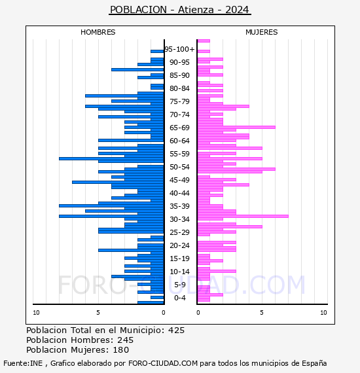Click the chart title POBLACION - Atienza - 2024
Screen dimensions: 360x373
[179, 10]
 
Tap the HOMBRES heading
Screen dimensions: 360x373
[98, 32]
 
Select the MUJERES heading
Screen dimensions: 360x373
[262, 32]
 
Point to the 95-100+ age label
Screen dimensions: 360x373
[179, 49]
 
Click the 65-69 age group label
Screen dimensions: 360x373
[179, 128]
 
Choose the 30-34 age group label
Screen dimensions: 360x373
[179, 219]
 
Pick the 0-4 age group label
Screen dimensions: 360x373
[180, 298]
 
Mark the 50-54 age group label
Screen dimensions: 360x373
[179, 167]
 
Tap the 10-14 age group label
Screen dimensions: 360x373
[179, 272]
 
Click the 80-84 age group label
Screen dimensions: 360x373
[179, 88]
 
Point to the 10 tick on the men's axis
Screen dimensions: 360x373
[36, 313]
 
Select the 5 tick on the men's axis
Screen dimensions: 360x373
[98, 313]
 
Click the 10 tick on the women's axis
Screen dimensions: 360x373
[323, 313]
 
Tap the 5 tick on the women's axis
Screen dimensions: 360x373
[262, 313]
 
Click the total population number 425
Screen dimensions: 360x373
[176, 330]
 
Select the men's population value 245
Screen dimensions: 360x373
[126, 340]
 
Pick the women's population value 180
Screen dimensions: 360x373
[120, 350]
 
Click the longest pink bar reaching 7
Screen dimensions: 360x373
[243, 216]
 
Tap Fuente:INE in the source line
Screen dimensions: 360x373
[23, 363]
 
